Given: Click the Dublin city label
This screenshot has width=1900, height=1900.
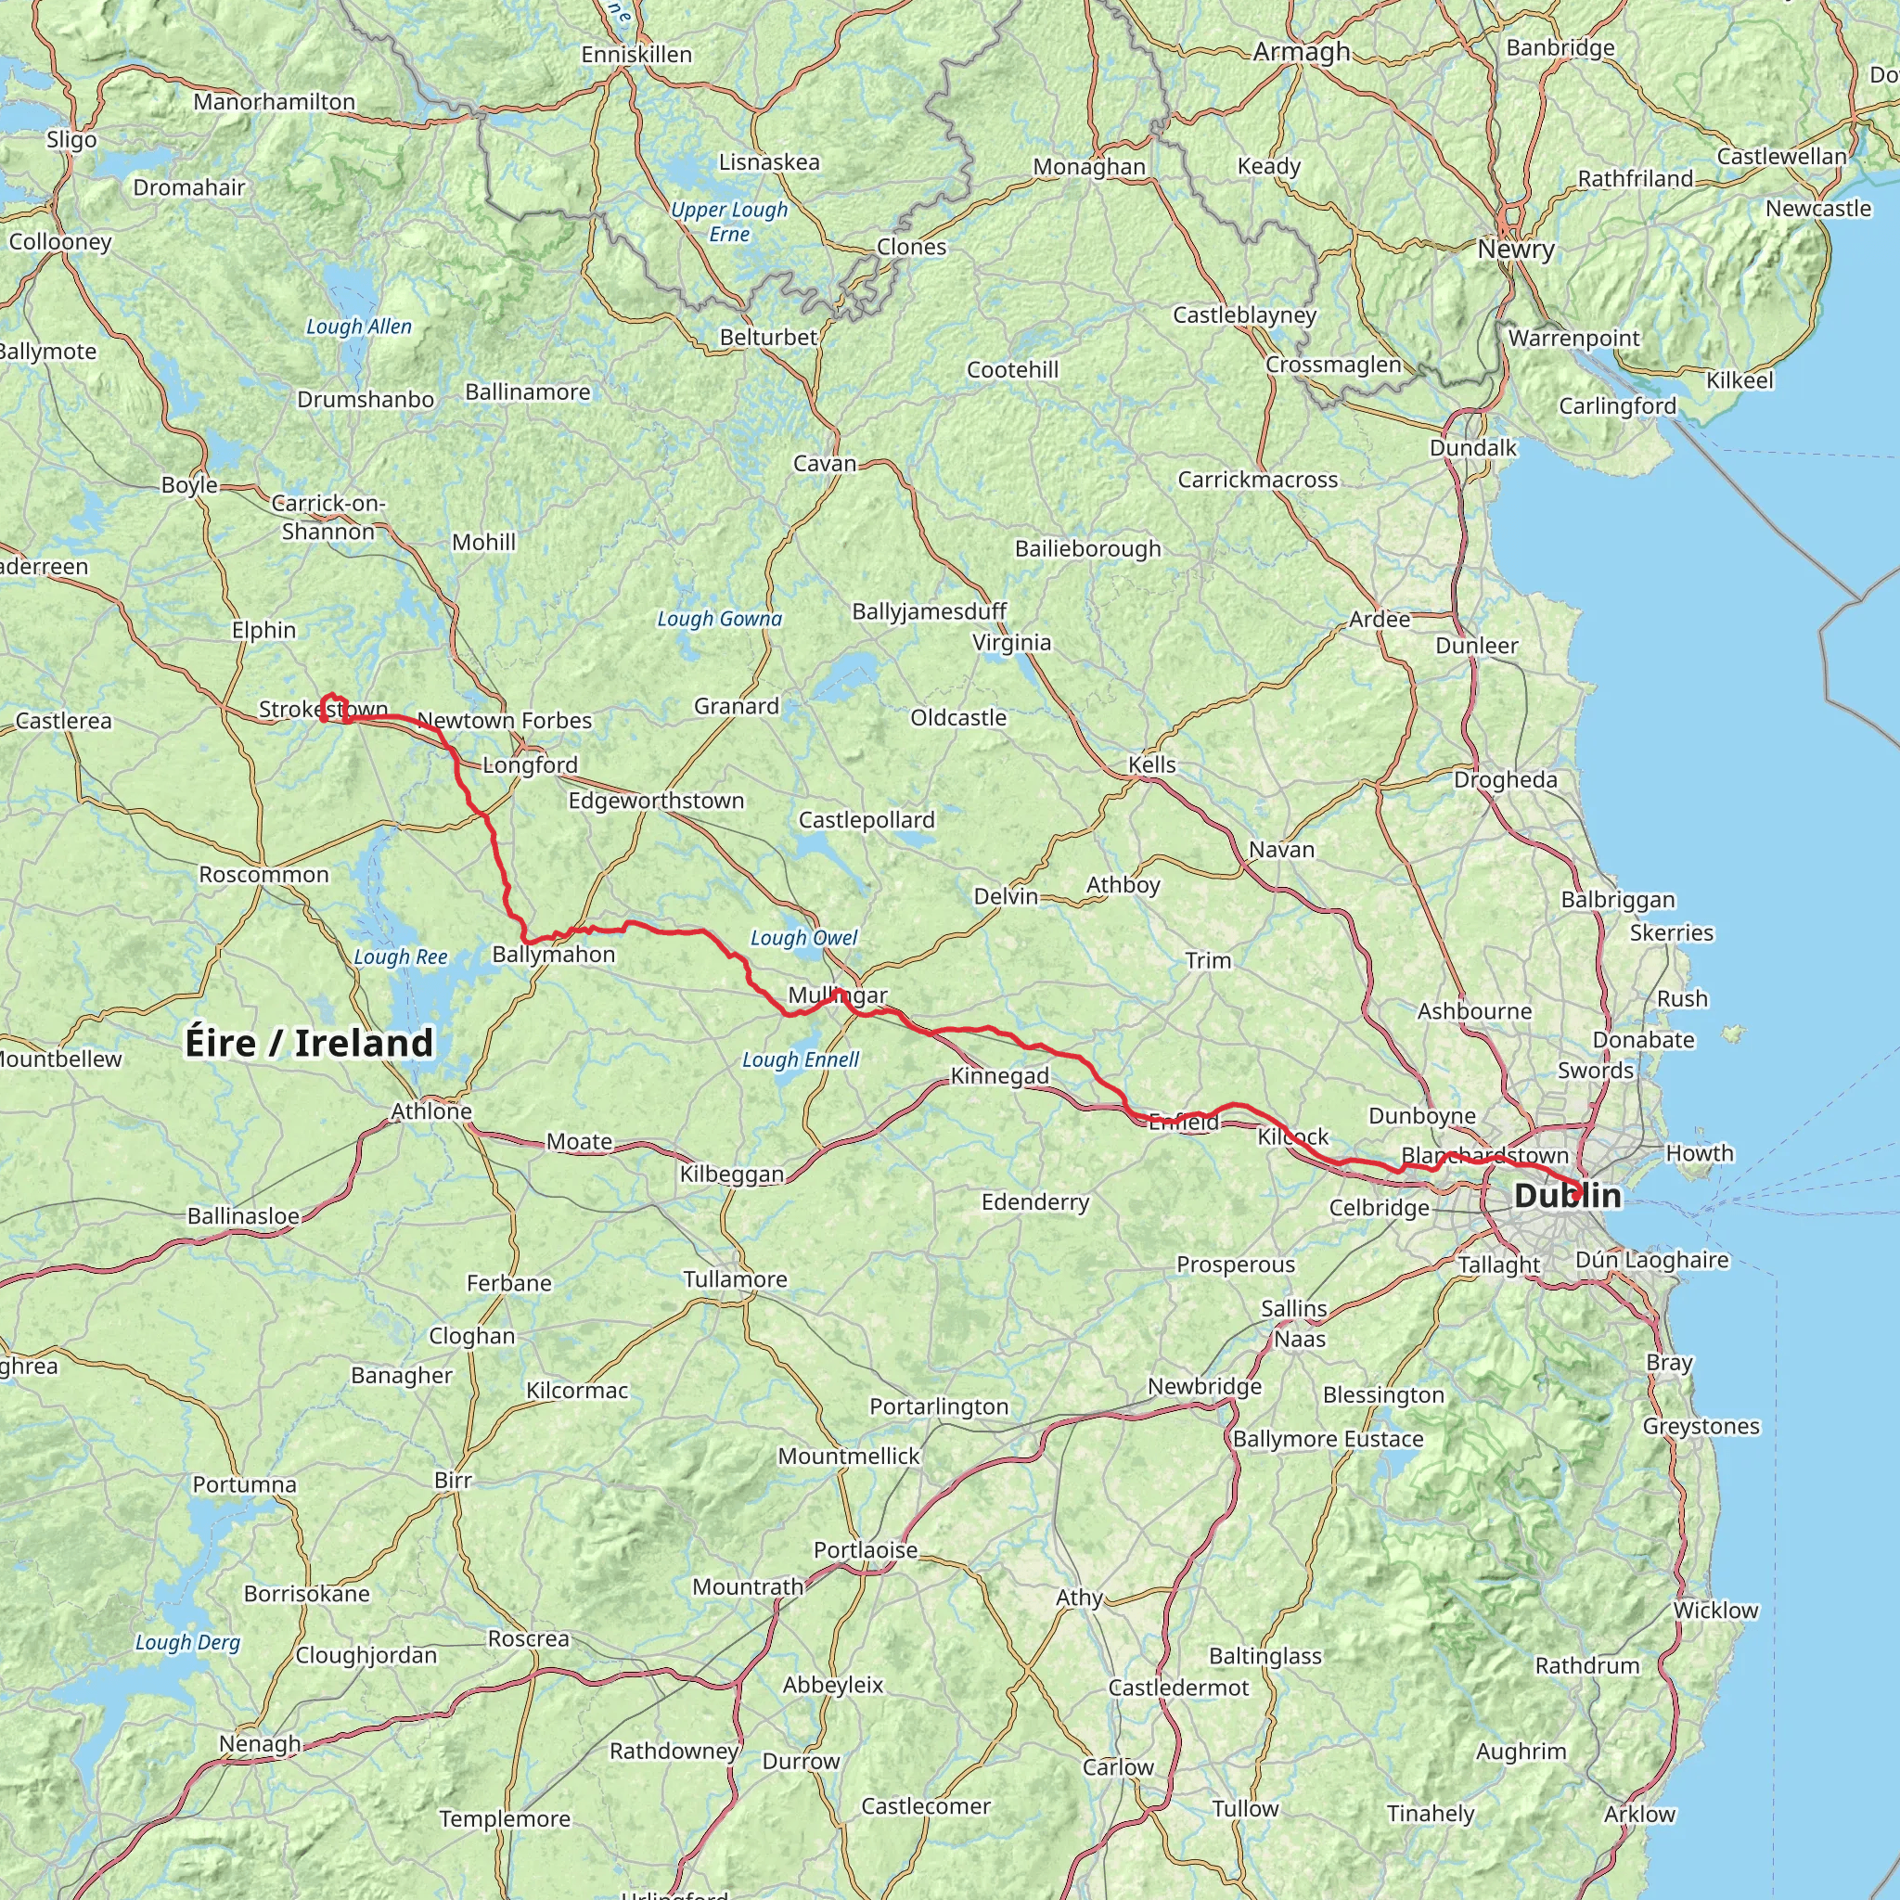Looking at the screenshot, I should click(x=1568, y=1196).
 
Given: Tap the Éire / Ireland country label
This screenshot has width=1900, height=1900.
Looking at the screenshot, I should click(x=309, y=1044).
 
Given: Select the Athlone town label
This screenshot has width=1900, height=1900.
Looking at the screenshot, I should click(x=431, y=1111).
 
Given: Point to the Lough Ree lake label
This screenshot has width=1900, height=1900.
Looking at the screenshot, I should click(x=400, y=956).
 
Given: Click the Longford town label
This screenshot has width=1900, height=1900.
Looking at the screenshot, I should click(x=530, y=765).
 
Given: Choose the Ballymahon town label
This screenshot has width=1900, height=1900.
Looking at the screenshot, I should click(x=554, y=954).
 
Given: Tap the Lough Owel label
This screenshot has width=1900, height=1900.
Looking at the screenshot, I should click(x=803, y=937).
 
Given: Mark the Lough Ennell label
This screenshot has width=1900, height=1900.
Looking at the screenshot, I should click(x=801, y=1059).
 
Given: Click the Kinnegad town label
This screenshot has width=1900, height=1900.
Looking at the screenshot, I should click(x=999, y=1076).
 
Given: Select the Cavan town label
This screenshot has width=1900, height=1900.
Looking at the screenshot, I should click(x=825, y=463).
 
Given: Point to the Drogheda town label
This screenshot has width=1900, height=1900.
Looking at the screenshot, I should click(x=1506, y=780).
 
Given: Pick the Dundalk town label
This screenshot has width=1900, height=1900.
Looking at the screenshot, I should click(x=1473, y=448).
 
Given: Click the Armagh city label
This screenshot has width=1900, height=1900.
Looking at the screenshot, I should click(x=1301, y=51).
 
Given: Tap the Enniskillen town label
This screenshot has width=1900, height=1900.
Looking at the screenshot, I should click(x=636, y=55).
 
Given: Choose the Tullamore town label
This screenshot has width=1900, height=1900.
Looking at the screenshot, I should click(x=736, y=1279).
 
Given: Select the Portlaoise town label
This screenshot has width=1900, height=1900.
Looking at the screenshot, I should click(x=866, y=1551).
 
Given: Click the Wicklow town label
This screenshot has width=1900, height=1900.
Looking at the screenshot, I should click(x=1716, y=1611).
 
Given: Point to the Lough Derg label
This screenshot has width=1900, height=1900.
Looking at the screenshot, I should click(x=187, y=1642).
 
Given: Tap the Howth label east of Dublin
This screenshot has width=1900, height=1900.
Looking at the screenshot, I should click(x=1700, y=1152).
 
